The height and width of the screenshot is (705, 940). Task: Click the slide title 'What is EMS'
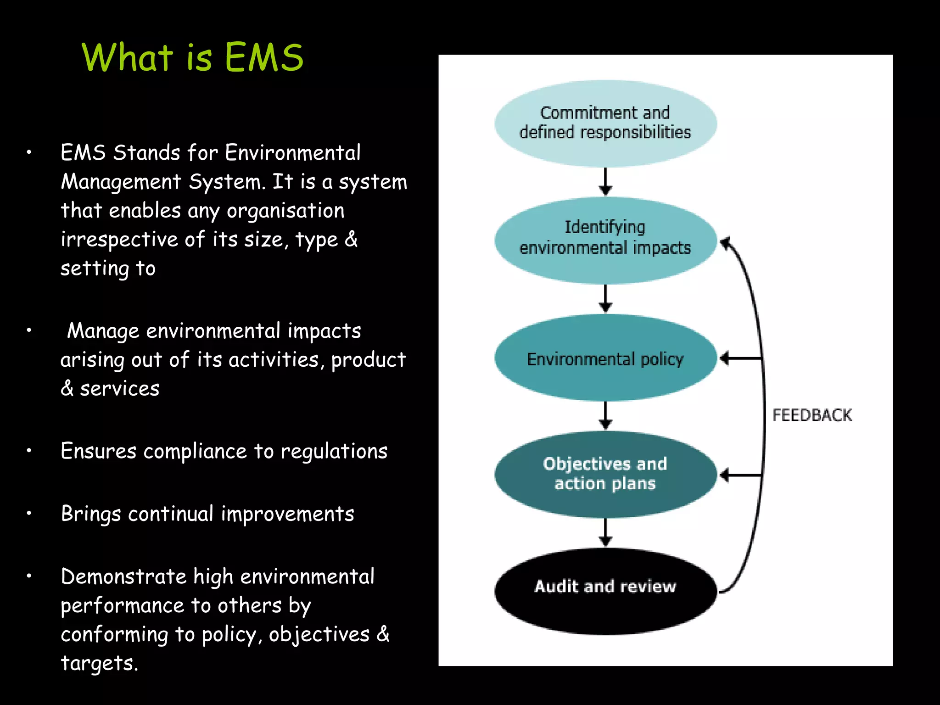tap(192, 58)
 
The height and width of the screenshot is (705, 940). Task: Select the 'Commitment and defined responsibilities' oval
tap(605, 123)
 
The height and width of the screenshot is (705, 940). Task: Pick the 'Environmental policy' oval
tap(605, 358)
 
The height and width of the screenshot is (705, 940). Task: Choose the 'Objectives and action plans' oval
tap(605, 474)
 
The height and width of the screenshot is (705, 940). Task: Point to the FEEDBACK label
tap(811, 415)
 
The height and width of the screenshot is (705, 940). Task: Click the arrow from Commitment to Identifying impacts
tap(605, 182)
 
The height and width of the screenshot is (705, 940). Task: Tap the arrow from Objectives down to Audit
tap(605, 532)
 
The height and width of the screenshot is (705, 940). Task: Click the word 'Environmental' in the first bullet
tap(293, 153)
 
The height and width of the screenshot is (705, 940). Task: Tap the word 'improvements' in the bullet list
tap(287, 514)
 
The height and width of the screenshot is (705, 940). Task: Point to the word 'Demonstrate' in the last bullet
tap(123, 577)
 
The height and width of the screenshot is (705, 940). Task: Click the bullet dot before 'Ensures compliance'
tap(29, 451)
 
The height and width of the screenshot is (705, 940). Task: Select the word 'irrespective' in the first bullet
tap(119, 240)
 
